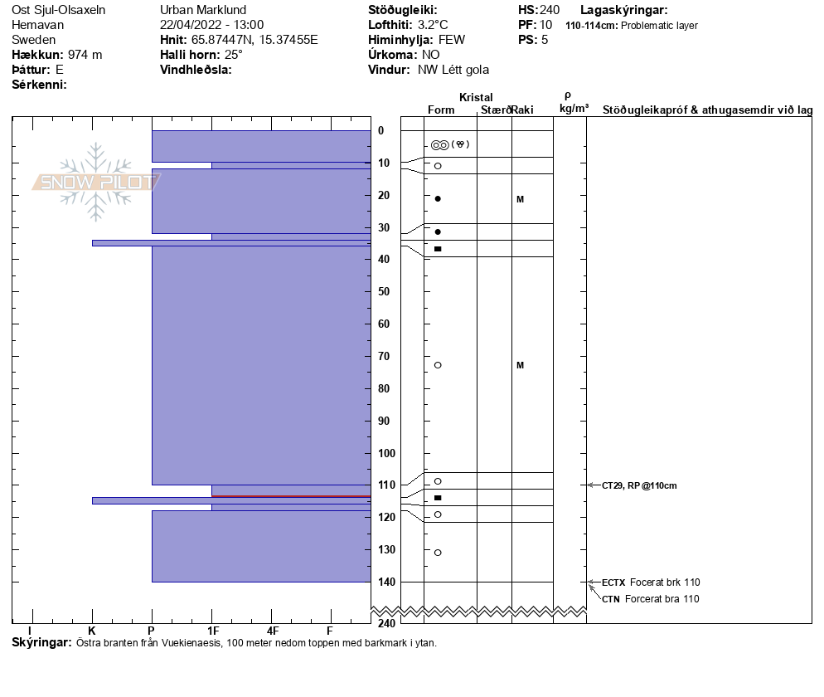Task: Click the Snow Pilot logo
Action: tap(96, 182)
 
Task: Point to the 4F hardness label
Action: tap(271, 630)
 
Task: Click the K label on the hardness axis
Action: tap(92, 630)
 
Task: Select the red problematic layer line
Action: tap(291, 496)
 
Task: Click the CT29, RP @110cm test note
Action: tap(639, 485)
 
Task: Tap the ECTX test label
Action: tap(613, 582)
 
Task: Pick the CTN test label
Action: tap(611, 599)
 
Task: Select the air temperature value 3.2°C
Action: tap(433, 25)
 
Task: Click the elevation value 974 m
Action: tap(85, 55)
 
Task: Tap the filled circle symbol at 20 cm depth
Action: tap(438, 199)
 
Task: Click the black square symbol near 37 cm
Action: tap(438, 249)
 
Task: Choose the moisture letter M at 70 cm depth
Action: tap(520, 365)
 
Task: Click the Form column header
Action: tap(440, 110)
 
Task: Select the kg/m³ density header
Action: tap(574, 109)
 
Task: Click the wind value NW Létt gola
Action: tap(453, 70)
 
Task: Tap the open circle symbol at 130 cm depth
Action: tap(438, 553)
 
